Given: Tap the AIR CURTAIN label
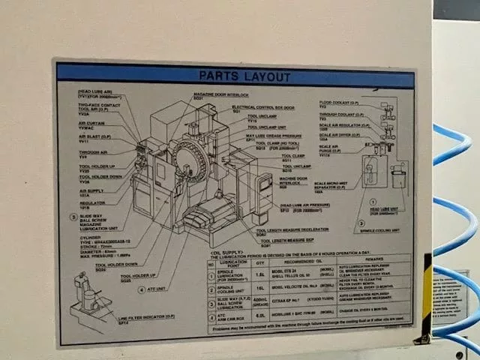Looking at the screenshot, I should pyautogui.click(x=91, y=125).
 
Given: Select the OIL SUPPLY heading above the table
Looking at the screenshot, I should pyautogui.click(x=226, y=253).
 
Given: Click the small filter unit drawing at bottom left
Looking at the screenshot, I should pyautogui.click(x=89, y=299).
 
